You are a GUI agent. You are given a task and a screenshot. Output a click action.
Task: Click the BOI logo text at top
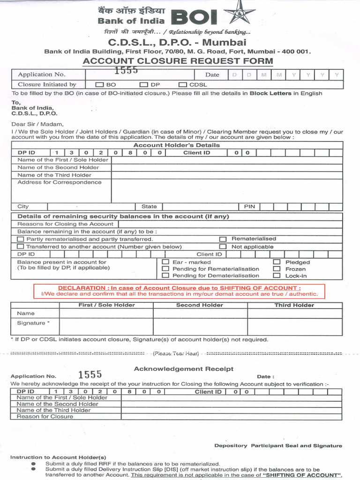[194, 18]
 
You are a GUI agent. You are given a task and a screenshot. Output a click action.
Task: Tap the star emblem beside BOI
[240, 14]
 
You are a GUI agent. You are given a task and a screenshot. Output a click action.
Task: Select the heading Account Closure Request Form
[178, 61]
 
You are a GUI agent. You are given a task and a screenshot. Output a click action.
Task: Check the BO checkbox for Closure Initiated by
[100, 85]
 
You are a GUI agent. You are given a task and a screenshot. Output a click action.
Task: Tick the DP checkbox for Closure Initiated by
[143, 85]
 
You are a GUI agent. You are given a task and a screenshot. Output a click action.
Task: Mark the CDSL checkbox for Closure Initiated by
[182, 85]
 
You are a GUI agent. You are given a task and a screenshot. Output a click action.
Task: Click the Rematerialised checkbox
[223, 239]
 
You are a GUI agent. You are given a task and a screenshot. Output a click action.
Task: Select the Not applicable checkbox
[223, 247]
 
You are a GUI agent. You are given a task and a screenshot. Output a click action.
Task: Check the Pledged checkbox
[277, 262]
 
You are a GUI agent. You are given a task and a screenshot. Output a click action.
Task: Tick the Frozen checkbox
[277, 269]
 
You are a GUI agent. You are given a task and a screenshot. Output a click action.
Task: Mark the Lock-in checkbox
[277, 276]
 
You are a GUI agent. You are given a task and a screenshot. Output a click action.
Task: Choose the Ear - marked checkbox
[165, 262]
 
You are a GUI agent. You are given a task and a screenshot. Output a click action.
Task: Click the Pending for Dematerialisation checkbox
[165, 276]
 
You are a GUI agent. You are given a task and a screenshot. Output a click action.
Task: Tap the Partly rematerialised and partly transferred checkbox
[20, 239]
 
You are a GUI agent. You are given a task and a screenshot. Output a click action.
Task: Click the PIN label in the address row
[249, 206]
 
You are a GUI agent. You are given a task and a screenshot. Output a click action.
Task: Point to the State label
[149, 206]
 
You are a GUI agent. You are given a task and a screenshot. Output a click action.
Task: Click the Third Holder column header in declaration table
[294, 305]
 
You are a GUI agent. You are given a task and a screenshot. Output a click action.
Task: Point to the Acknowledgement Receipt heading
[183, 369]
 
